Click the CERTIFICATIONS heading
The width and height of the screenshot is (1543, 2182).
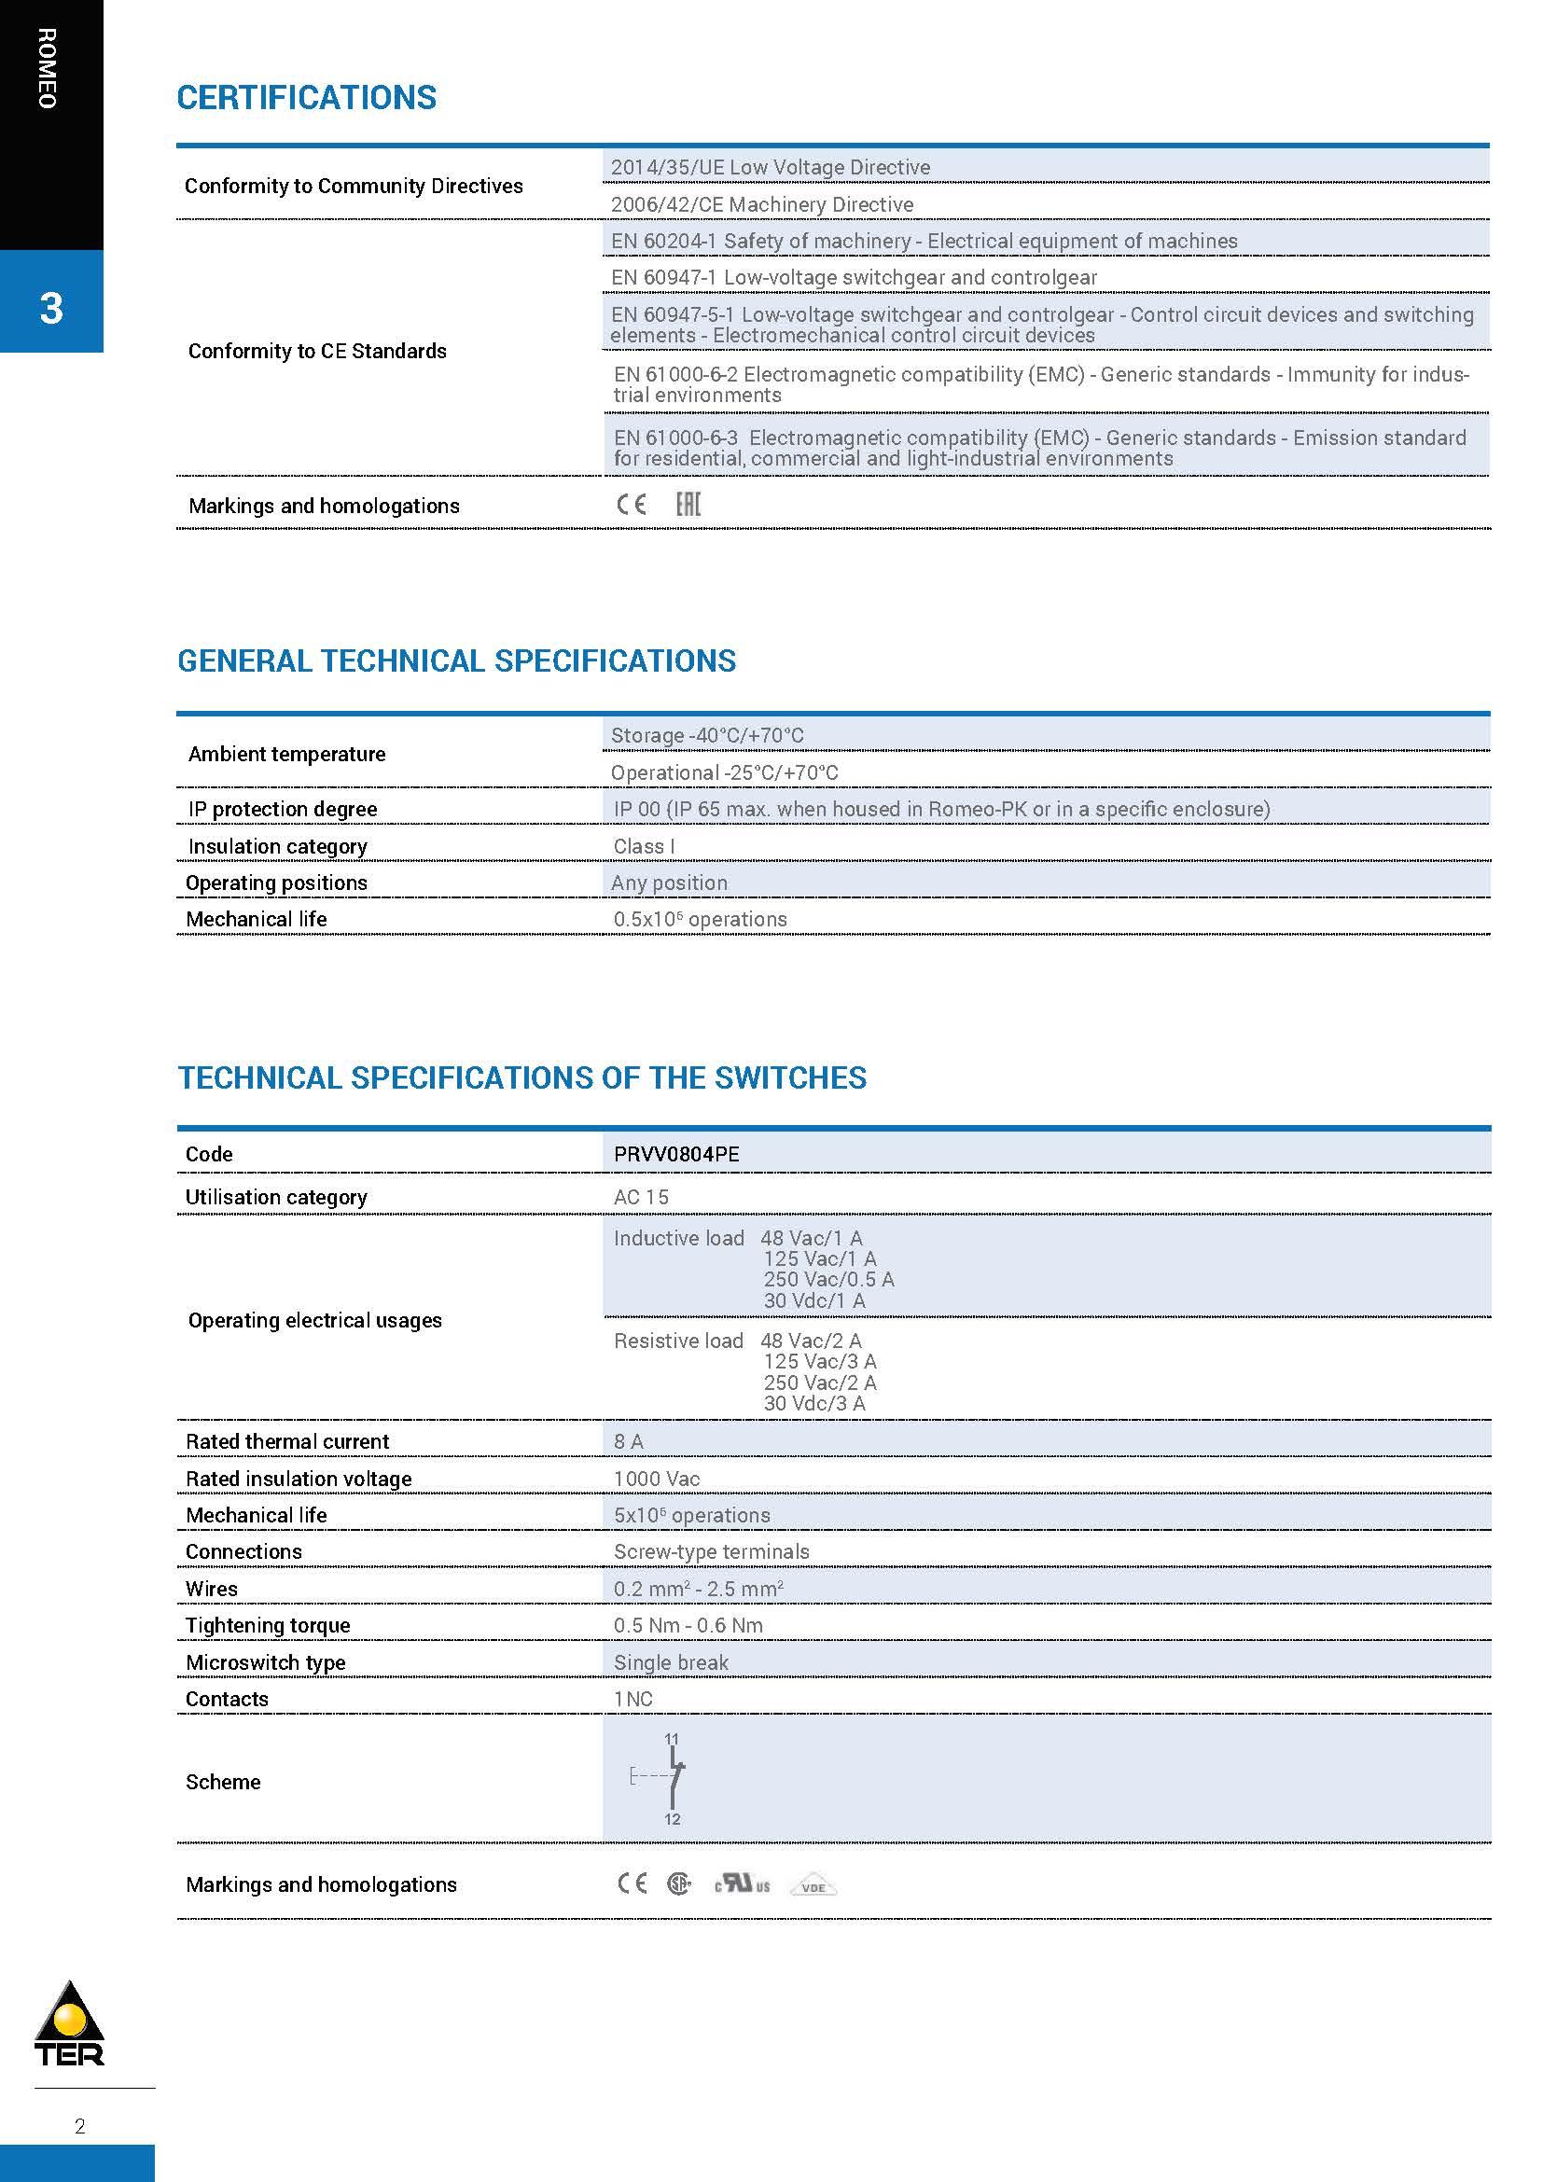click(306, 98)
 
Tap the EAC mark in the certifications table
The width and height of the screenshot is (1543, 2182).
click(688, 505)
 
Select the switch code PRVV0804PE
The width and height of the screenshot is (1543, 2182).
click(675, 1154)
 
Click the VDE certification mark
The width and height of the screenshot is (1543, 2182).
click(813, 1886)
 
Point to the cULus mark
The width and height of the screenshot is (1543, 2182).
click(743, 1883)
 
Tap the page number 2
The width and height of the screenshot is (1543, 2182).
click(80, 2126)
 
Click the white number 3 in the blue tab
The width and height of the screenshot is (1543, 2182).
click(51, 308)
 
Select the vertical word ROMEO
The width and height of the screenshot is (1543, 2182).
click(48, 68)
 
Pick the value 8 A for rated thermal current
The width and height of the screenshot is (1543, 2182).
click(628, 1441)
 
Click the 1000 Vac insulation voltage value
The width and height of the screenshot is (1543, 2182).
click(657, 1479)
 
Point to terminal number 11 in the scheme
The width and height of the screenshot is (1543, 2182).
click(672, 1739)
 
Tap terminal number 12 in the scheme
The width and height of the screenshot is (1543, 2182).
click(672, 1819)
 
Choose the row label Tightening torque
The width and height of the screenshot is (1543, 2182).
click(268, 1625)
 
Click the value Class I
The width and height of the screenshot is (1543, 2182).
click(645, 846)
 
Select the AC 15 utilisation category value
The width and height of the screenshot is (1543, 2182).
click(641, 1197)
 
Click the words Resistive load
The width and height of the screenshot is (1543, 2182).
click(678, 1341)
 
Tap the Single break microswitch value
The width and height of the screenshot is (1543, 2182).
click(671, 1662)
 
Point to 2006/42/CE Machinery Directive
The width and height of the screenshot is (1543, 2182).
click(762, 204)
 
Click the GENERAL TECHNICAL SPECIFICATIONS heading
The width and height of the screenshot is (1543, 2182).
click(456, 661)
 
